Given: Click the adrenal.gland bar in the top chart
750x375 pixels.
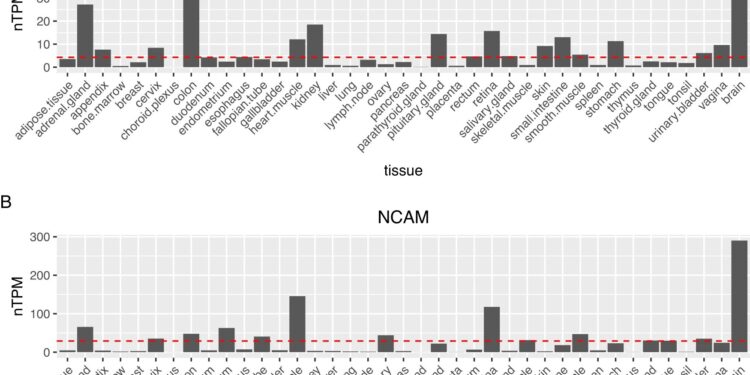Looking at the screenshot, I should tap(85, 36).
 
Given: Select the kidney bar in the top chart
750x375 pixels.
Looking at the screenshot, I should tap(315, 46).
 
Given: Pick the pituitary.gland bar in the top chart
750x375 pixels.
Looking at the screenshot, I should tap(438, 51).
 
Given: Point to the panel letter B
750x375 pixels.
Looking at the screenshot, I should tap(7, 201).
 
